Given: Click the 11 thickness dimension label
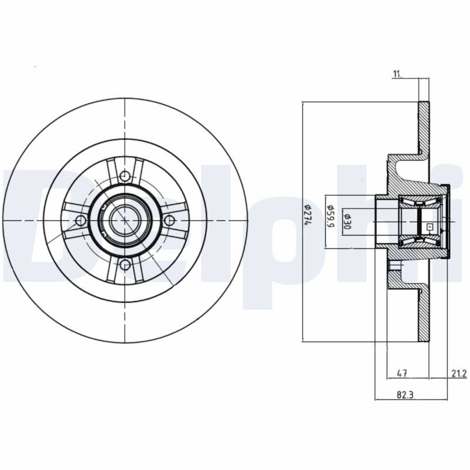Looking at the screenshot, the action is tap(397, 74).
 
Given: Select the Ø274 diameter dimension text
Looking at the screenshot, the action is tap(307, 216).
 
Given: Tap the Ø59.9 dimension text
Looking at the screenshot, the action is tap(330, 216).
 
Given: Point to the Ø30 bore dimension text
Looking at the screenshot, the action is tap(347, 221).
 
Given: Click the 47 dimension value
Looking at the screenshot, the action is tap(402, 373).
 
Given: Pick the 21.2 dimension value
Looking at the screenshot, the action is tap(459, 373).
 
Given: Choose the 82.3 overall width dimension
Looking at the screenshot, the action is tap(405, 395).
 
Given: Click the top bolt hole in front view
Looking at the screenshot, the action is tap(125, 176).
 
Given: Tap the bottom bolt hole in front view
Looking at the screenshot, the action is tap(125, 265).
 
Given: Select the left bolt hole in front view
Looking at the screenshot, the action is tap(80, 221).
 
